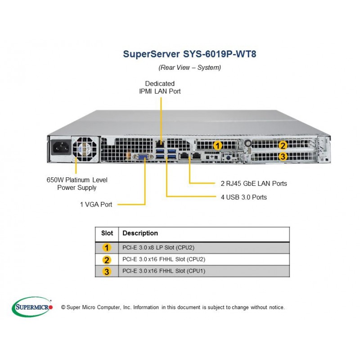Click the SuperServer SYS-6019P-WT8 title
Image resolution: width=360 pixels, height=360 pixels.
tap(189, 54)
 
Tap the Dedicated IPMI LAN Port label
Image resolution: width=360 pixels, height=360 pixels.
tap(160, 87)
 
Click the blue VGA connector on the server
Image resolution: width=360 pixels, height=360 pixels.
tap(143, 157)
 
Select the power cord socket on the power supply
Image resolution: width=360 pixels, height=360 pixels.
tap(61, 148)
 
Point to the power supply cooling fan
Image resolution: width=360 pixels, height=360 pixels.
tap(85, 149)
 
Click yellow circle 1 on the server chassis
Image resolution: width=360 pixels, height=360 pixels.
tap(217, 145)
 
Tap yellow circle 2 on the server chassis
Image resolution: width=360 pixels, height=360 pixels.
tap(283, 145)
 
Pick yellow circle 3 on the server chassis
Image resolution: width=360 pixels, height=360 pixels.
tap(283, 157)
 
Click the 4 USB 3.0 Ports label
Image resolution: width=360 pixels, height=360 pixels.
tap(244, 197)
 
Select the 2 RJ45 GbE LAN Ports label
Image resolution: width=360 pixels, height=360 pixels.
tap(254, 184)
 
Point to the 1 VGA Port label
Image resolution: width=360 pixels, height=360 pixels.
tap(96, 204)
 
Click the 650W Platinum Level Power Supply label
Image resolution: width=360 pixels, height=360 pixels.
tap(77, 184)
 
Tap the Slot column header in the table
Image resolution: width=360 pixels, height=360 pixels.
tap(107, 233)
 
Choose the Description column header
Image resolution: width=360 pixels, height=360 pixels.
tap(140, 233)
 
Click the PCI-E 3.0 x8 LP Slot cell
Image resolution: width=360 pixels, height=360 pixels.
tap(158, 247)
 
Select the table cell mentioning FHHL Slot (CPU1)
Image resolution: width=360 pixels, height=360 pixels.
tap(164, 271)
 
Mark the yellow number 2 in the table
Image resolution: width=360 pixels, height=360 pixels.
tap(107, 260)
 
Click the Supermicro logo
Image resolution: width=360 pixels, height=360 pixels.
tap(32, 307)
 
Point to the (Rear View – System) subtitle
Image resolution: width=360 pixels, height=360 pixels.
tap(189, 67)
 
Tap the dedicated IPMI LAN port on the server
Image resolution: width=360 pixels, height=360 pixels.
tap(160, 144)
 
